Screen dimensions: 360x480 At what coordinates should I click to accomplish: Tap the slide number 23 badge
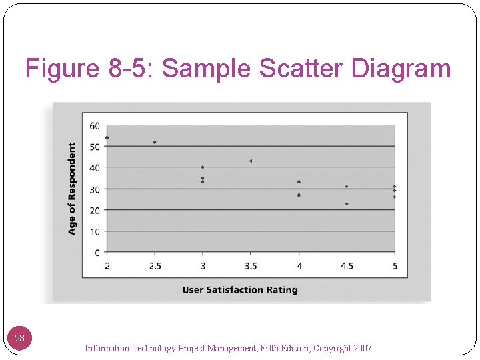20,338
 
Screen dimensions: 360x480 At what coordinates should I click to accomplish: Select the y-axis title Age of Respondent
72,188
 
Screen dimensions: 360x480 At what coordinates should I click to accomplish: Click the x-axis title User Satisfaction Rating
240,290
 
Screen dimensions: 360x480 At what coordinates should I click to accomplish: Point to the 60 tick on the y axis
95,125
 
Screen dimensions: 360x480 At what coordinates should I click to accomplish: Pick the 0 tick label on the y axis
97,253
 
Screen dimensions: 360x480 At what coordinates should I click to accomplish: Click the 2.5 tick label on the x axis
155,266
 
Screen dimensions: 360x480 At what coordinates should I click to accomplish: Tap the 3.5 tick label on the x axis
251,266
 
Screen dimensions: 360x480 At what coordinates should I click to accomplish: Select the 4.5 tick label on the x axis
347,266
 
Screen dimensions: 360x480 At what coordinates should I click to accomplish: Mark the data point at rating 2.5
155,142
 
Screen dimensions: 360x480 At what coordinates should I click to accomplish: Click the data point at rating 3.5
251,161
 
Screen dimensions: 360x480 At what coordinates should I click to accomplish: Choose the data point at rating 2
107,138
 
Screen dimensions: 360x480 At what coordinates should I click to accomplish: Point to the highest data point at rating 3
203,167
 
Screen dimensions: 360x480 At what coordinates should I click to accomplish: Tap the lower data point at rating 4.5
347,203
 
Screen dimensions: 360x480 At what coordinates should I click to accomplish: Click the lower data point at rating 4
299,195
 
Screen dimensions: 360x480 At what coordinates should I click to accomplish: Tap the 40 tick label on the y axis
95,167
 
